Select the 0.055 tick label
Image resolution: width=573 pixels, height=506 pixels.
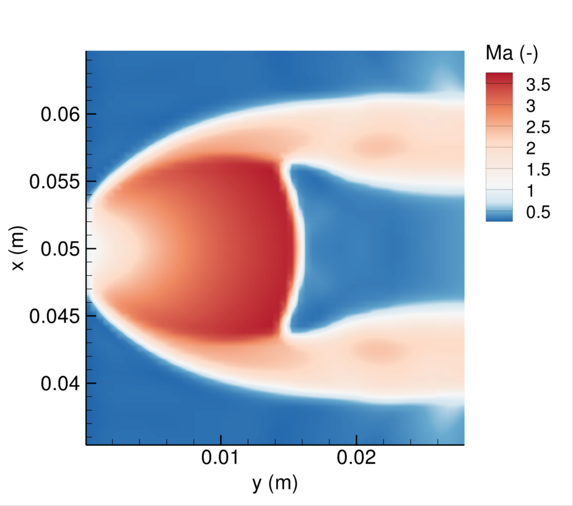[55, 182]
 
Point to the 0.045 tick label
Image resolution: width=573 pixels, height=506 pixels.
[55, 317]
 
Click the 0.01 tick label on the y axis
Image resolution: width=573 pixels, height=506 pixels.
[220, 458]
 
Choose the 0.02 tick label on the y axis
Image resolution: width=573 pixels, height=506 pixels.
[356, 458]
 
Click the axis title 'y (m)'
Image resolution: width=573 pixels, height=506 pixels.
[274, 483]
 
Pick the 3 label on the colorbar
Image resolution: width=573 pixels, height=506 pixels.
[523, 105]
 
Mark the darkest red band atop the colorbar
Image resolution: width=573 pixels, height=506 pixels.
[499, 78]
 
